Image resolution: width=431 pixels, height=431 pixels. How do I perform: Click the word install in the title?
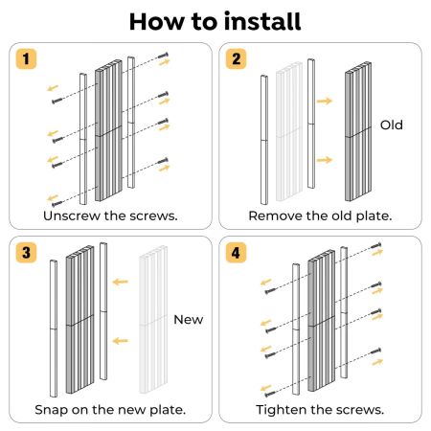262,21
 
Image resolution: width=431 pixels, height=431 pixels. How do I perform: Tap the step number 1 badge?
26,58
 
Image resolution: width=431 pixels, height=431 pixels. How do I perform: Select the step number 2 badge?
236,58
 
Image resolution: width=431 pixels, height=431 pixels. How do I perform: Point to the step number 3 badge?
26,253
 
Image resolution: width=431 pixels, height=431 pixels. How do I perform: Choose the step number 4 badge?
236,253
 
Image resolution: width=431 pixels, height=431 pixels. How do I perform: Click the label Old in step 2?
392,125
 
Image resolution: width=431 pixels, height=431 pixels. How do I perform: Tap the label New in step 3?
189,319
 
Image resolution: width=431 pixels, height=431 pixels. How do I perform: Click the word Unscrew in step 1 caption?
72,215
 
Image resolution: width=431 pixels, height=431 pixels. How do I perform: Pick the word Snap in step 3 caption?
51,410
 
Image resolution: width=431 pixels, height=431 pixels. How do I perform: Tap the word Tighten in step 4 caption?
281,410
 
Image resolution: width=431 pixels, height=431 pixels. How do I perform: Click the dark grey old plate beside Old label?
358,131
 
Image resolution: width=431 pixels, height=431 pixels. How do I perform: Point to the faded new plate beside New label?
153,319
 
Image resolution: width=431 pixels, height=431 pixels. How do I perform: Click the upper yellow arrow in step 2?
325,102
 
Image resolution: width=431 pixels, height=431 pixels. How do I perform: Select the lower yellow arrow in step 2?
325,160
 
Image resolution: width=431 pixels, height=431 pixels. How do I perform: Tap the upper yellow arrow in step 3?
121,282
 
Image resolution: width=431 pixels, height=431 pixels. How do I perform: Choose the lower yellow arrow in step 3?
121,341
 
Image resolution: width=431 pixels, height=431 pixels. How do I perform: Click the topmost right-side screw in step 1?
163,56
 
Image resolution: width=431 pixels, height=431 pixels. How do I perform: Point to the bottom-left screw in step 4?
270,394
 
